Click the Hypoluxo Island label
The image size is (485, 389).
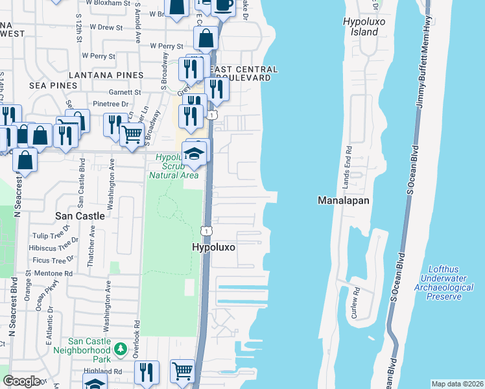click(x=361, y=27)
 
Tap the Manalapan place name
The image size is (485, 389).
click(x=343, y=200)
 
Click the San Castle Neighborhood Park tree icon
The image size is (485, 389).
click(x=120, y=349)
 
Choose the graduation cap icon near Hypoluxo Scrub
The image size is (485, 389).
click(x=193, y=154)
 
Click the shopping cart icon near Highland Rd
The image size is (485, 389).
click(x=183, y=371)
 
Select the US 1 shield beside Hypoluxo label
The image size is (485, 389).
click(x=206, y=231)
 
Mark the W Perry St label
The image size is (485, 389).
click(x=168, y=46)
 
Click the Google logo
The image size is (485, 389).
click(x=22, y=381)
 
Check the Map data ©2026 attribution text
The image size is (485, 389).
click(x=456, y=384)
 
